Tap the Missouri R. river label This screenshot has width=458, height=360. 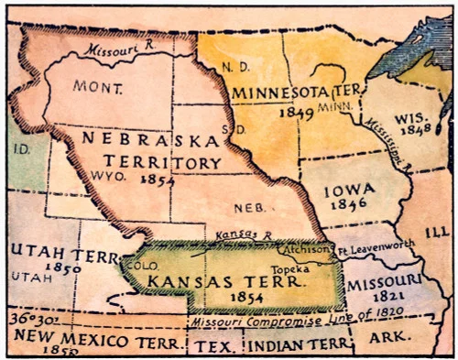115,51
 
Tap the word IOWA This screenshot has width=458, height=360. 351,190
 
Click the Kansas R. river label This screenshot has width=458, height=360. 236,236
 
